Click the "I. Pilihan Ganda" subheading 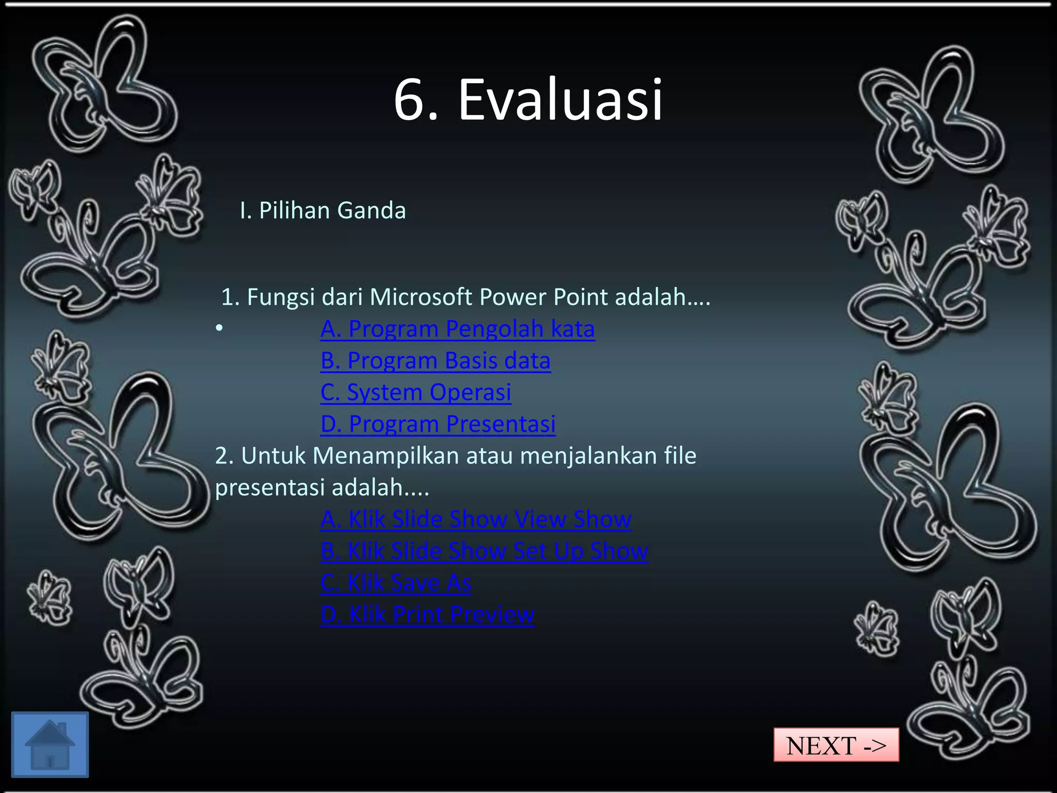[323, 211]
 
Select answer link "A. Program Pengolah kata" [457, 329]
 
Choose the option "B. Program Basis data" [435, 361]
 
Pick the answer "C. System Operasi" [415, 392]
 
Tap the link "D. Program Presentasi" [438, 424]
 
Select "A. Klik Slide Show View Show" [475, 519]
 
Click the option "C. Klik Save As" [395, 583]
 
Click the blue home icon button [50, 744]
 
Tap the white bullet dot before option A [219, 328]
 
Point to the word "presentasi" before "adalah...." [270, 488]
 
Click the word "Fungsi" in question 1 [281, 298]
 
